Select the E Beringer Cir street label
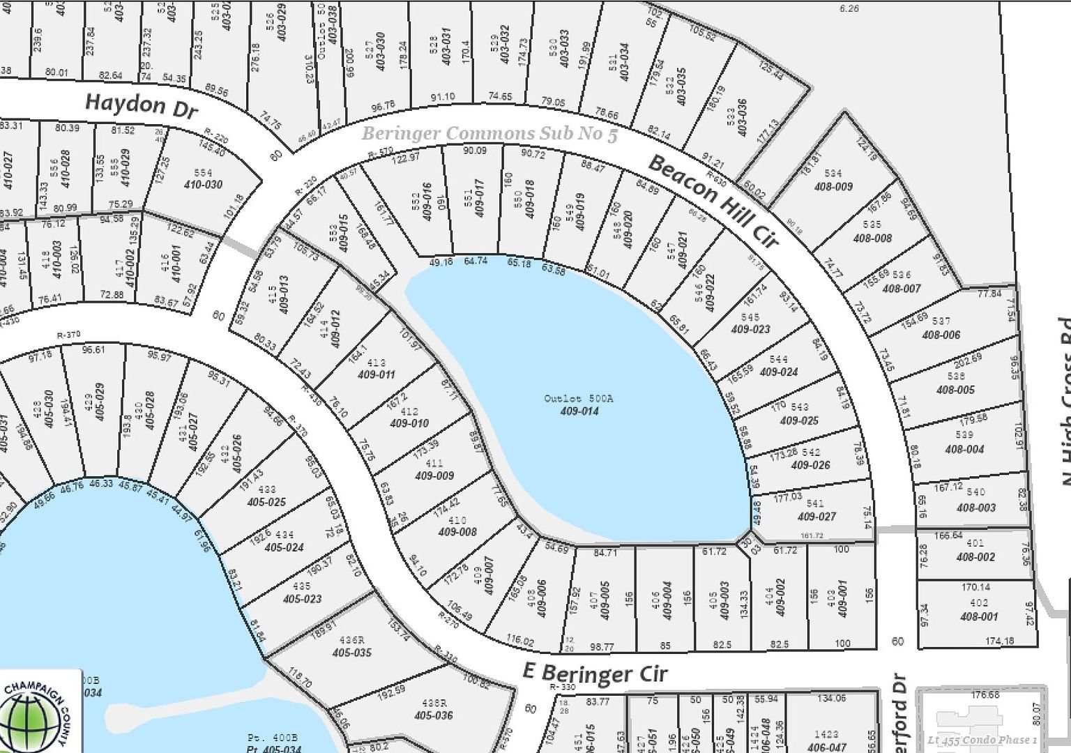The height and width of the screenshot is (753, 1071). point(595,673)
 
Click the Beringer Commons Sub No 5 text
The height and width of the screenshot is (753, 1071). point(489,133)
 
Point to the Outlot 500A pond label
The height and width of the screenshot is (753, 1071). point(579,398)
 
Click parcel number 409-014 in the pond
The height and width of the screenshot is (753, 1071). point(579,411)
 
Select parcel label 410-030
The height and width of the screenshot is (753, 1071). point(203,185)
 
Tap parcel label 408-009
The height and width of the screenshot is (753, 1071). point(833,186)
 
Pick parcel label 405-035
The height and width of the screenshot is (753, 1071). point(352,653)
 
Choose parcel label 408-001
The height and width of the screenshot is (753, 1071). point(979,616)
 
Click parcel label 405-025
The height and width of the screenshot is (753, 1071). point(266,502)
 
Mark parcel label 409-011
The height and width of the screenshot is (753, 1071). point(377,375)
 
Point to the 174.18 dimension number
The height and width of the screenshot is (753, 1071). point(1000,641)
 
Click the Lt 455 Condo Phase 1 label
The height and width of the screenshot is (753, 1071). point(982,740)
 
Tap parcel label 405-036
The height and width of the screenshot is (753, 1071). point(433,715)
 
